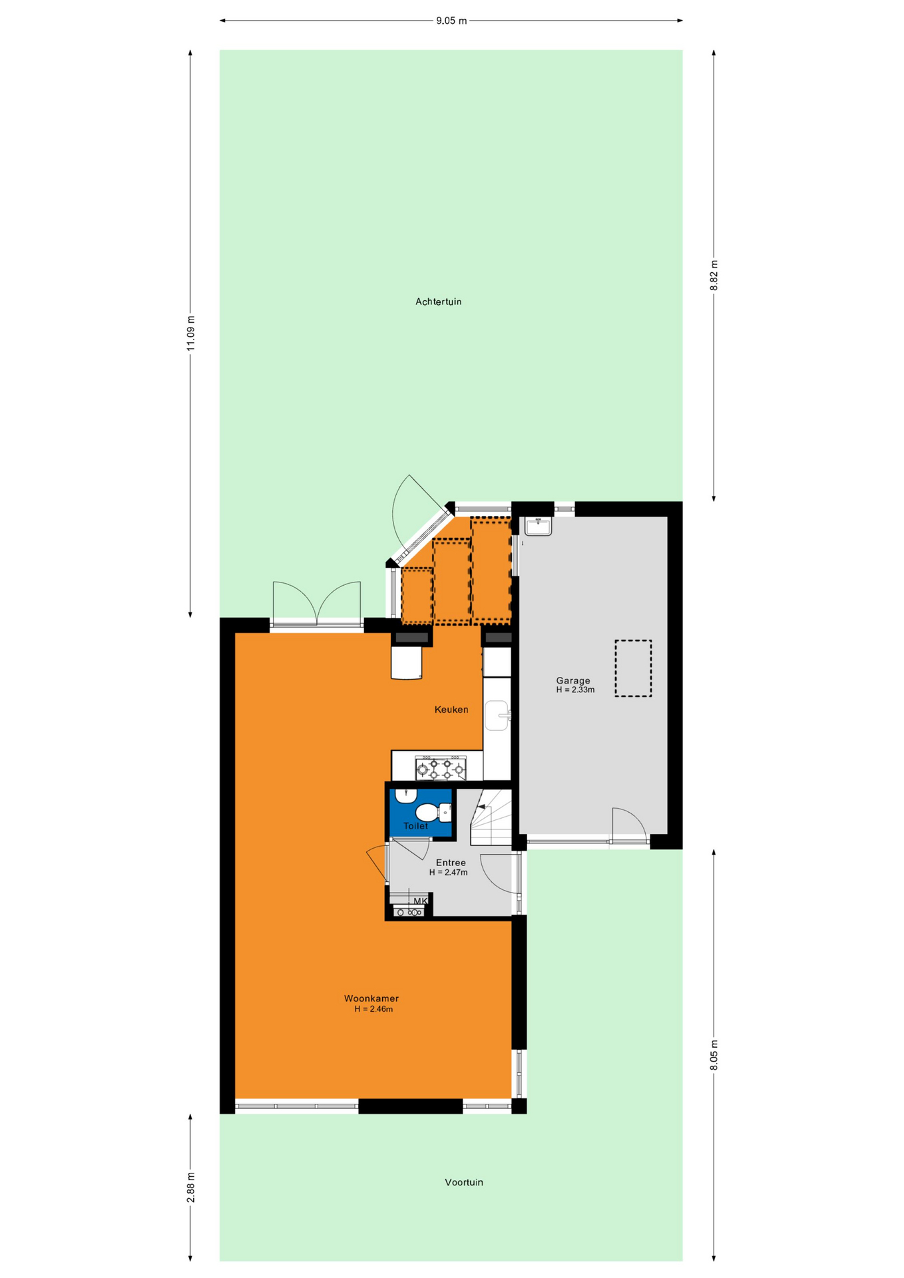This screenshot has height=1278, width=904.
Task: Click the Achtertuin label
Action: coord(438,302)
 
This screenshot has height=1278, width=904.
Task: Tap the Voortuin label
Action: coord(464,1182)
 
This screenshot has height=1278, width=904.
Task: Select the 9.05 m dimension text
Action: coord(451,21)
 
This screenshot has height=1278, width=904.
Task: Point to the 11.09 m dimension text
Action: coord(190,333)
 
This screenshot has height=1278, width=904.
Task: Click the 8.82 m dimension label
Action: coord(714,275)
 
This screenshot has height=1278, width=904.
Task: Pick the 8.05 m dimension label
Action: coord(714,1055)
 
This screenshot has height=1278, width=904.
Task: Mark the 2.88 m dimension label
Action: coord(190,1188)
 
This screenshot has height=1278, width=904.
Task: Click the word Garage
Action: coord(573,680)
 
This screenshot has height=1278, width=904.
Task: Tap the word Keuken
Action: coord(451,710)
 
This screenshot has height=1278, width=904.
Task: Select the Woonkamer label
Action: coord(371,998)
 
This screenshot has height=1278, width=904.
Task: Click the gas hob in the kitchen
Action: coord(441,767)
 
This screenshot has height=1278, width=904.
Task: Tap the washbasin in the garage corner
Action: coord(538,527)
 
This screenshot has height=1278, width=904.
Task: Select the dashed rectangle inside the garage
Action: coord(633,668)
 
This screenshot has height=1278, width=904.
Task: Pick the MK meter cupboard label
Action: coord(420,901)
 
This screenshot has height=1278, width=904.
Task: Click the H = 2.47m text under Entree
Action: coord(448,873)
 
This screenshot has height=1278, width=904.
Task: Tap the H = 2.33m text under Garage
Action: coord(575,690)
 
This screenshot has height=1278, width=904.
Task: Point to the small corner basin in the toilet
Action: coord(405,795)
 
